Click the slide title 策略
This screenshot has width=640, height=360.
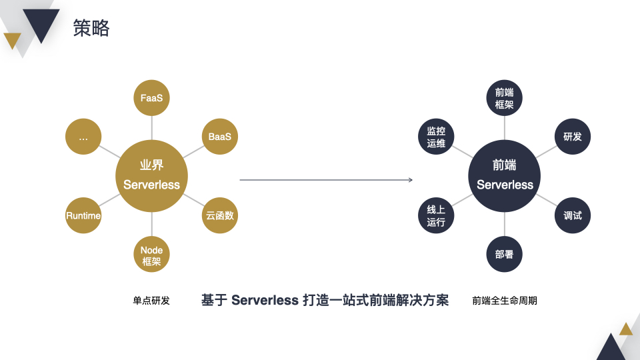(x=91, y=28)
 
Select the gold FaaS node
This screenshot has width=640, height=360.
(x=151, y=98)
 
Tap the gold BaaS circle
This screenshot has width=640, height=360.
(x=219, y=137)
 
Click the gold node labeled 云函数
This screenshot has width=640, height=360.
(x=219, y=215)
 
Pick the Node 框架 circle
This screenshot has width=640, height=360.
(x=151, y=255)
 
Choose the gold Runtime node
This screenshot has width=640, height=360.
(x=83, y=215)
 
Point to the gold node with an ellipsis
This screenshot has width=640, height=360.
(x=83, y=137)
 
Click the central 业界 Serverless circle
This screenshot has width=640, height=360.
(x=151, y=176)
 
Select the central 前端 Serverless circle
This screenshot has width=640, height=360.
(x=505, y=176)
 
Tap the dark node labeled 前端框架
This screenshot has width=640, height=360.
(x=504, y=98)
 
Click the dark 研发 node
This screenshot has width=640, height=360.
(x=572, y=137)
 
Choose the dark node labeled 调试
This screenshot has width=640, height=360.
(x=572, y=215)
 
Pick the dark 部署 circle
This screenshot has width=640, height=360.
(x=504, y=255)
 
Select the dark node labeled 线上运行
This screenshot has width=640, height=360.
(x=436, y=215)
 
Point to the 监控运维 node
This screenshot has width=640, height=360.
(x=436, y=137)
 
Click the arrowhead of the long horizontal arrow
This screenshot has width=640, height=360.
(x=411, y=180)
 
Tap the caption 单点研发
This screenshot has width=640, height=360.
(x=151, y=301)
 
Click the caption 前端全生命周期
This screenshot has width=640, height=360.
(x=505, y=301)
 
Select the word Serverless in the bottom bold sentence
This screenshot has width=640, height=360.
(x=265, y=301)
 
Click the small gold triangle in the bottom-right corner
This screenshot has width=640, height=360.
(x=625, y=329)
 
